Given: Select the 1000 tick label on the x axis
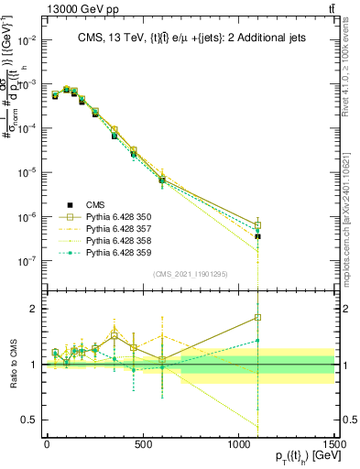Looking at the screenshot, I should [x=238, y=443].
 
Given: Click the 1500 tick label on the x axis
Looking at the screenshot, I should [x=334, y=443].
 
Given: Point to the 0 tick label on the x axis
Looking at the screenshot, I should [x=47, y=443].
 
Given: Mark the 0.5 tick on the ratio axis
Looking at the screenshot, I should [x=27, y=420].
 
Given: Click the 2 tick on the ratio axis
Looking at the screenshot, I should [x=32, y=309].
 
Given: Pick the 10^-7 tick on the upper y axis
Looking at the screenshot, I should [x=25, y=261].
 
